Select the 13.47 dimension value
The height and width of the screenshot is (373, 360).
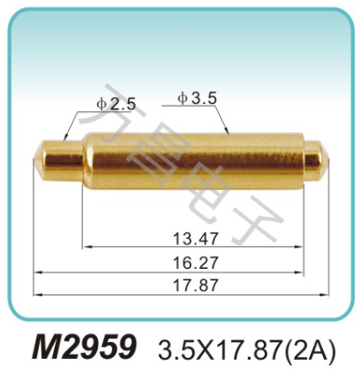pos(191,238)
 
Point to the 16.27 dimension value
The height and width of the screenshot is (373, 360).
pos(191,261)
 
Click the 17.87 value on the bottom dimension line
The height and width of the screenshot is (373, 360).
pos(191,285)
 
